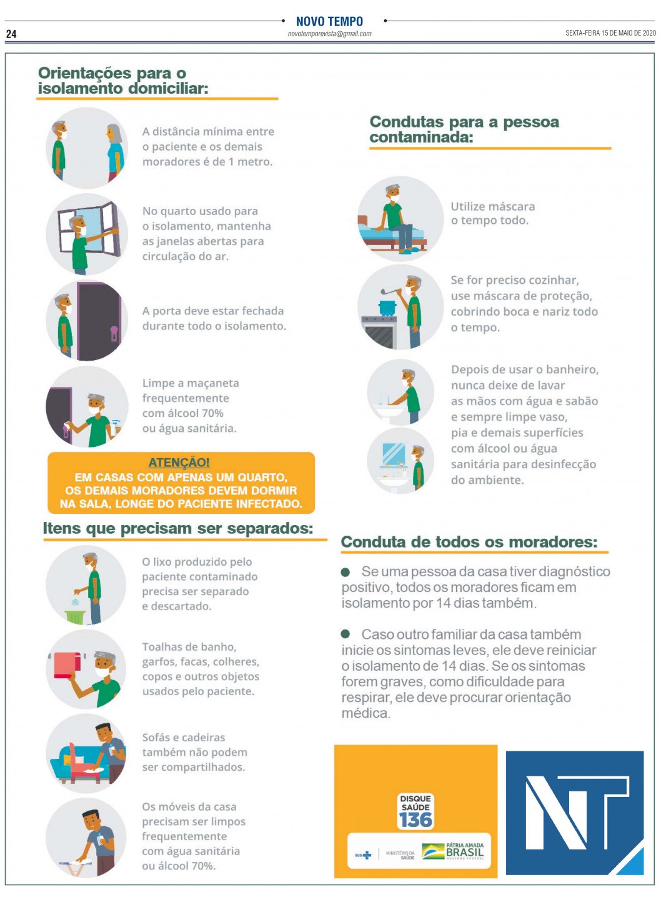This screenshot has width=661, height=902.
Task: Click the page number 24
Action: pos(11,34)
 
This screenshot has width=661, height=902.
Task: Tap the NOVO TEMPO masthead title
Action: pos(329,21)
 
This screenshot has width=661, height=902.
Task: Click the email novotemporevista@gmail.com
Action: pos(329,34)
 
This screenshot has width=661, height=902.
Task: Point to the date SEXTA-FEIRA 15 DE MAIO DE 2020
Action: pos(610,33)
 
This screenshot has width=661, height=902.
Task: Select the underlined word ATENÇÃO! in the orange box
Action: pos(179,463)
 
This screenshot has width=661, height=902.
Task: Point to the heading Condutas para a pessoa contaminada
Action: pos(464,129)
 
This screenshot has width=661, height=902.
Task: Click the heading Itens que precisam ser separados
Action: pos(178,528)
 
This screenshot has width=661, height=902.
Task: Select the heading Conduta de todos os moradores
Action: pos(469,541)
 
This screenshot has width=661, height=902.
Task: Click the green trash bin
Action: pos(75,617)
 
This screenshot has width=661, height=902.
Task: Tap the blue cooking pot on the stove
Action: pos(387,308)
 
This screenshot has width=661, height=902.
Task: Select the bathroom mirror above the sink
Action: pos(394,454)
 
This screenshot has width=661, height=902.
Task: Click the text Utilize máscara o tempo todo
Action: pos(492,213)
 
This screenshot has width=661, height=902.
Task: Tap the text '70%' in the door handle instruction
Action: pos(212,413)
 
